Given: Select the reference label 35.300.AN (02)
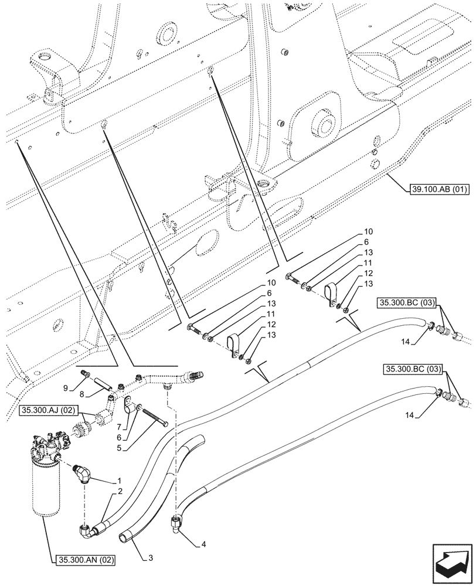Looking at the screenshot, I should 87,560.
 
